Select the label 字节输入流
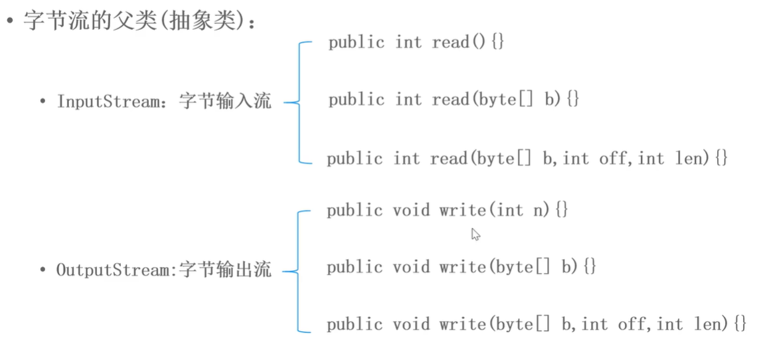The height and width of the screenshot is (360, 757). point(225,102)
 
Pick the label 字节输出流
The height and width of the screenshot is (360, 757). point(225,270)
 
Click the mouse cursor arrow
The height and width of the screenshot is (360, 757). point(475,234)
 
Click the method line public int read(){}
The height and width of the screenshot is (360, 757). point(416,43)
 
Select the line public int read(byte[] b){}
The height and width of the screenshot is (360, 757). point(454,100)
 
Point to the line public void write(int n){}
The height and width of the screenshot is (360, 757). point(448,211)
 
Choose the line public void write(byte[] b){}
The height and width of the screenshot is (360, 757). point(462,267)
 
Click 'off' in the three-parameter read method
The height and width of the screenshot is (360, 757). point(612,159)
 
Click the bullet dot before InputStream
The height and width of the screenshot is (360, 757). point(43,102)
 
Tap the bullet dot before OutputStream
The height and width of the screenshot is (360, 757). point(43,270)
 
